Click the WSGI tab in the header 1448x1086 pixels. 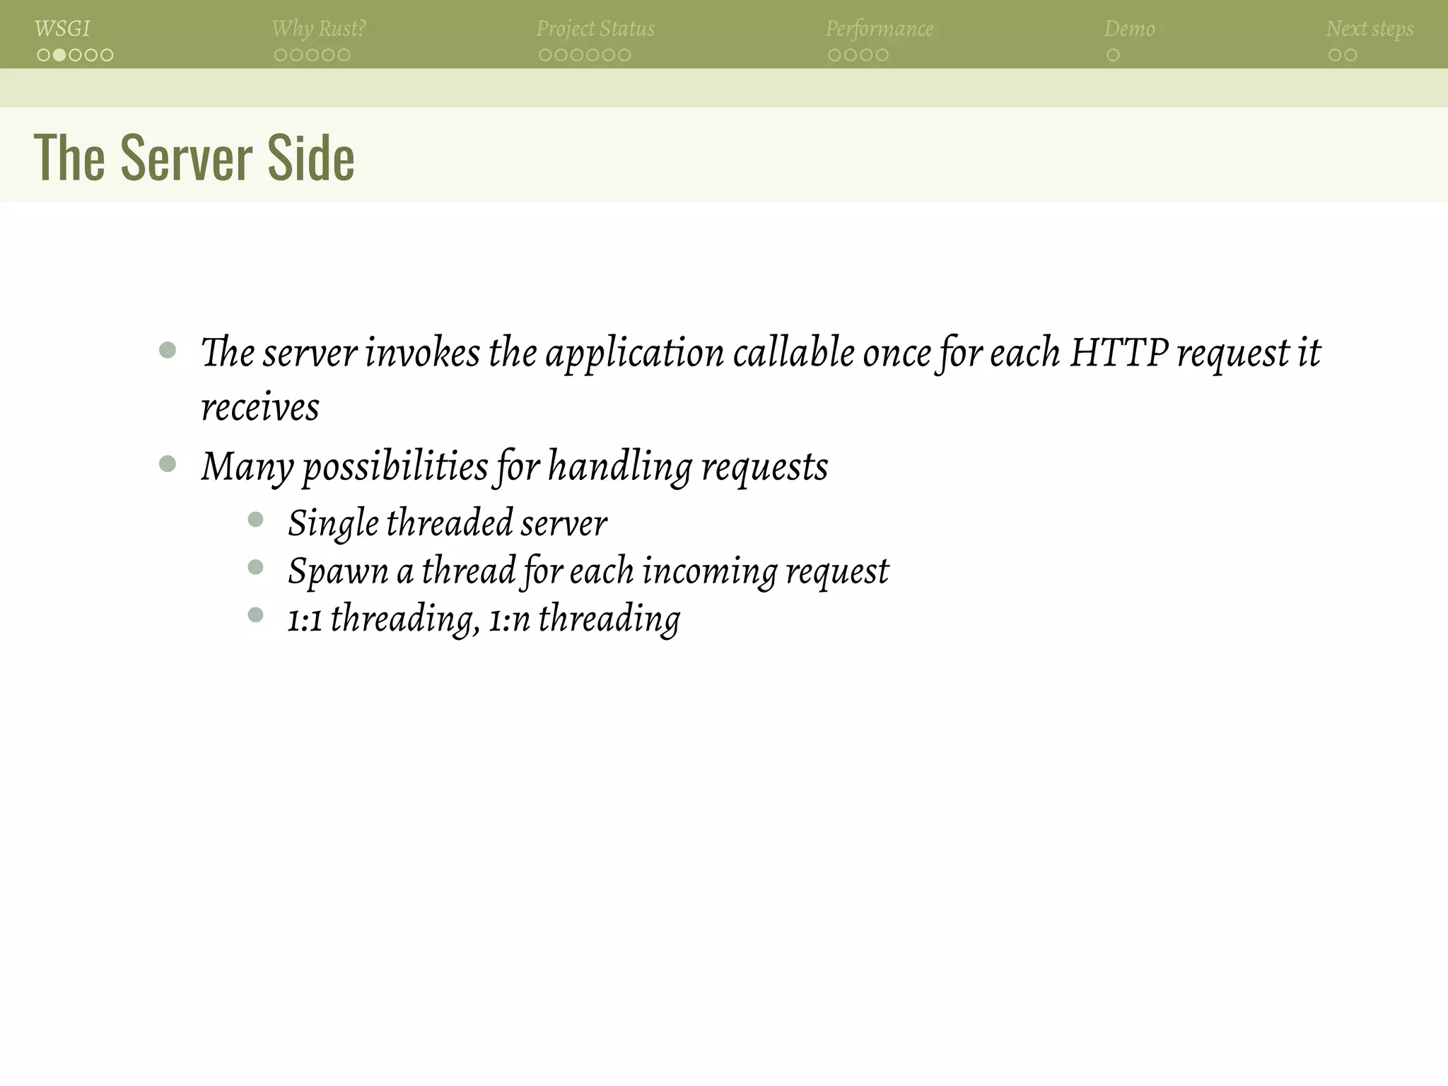62,29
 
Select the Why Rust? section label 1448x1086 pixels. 319,29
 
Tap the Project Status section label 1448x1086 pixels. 595,29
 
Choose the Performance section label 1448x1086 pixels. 880,29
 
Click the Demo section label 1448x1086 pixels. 1129,29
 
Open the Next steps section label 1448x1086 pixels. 1370,29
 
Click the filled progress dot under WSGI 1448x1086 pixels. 59,55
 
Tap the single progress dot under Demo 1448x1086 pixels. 1113,55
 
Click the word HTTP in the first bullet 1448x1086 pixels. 1119,352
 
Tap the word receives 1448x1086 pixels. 260,408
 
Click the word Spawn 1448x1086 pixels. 338,571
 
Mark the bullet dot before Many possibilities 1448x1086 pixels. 168,464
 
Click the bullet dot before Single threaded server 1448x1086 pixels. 256,520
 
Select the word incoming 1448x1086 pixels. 709,571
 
